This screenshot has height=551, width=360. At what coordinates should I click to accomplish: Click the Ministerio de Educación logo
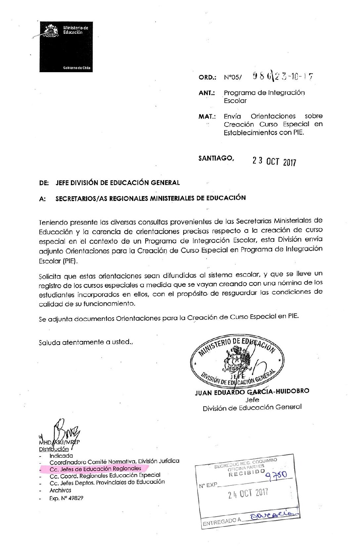tap(66, 47)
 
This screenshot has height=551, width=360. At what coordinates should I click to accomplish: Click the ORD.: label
tap(207, 77)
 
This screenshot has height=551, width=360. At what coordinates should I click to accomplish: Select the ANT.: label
tap(207, 93)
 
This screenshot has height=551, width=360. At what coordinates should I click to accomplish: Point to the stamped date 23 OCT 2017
tap(274, 161)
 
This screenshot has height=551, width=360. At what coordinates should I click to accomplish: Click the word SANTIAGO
tap(216, 158)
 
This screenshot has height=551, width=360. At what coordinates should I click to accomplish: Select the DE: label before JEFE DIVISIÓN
tap(44, 183)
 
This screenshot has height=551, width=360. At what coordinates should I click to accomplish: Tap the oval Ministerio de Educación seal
tap(237, 362)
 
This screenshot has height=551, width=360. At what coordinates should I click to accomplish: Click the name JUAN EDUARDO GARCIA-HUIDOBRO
tap(252, 392)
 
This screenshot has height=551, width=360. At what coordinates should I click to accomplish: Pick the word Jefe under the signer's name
tap(252, 400)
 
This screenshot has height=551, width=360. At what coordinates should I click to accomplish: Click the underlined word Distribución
tap(54, 449)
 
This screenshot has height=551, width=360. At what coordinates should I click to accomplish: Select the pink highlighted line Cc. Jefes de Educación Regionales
tap(95, 469)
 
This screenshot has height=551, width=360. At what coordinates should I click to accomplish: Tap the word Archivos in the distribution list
tap(60, 490)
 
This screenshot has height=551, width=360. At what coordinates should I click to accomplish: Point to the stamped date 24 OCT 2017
tap(248, 493)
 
